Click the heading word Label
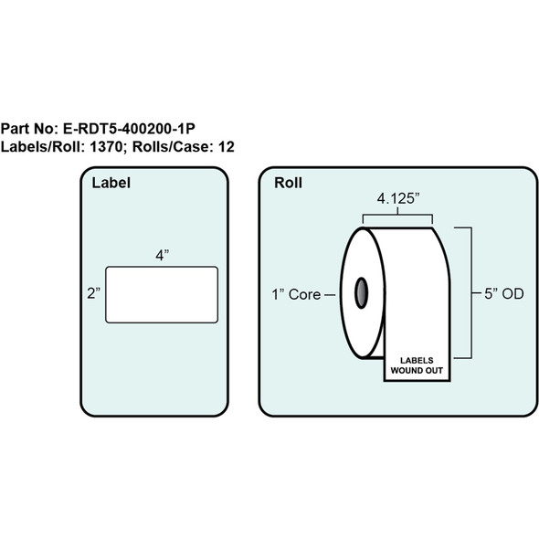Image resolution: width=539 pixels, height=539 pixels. pos(111,183)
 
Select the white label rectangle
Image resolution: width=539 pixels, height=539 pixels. pos(162,294)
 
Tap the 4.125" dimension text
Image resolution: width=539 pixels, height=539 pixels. pos(401,197)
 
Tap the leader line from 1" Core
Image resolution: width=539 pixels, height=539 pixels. pos(331,294)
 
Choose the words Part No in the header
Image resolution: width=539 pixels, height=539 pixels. pos(26,130)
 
